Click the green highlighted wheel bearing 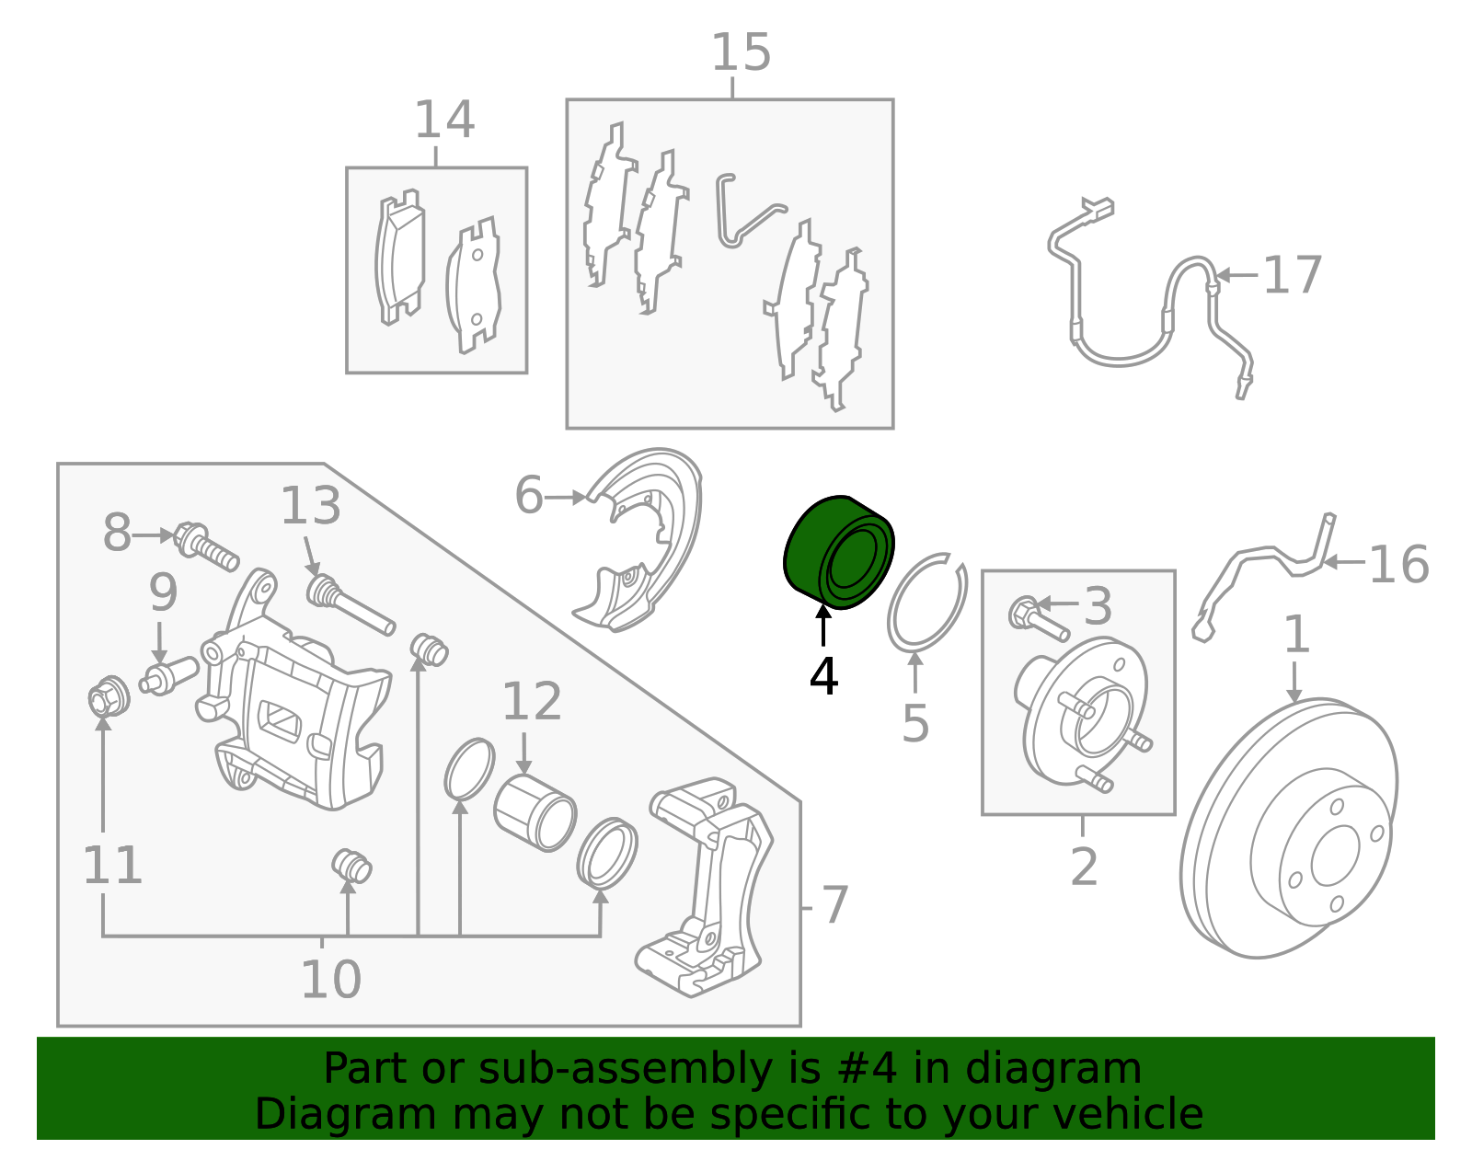(837, 552)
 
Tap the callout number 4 (823, 678)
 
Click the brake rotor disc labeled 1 (1288, 828)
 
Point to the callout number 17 (1292, 275)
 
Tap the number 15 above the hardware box (741, 52)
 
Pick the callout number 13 (310, 507)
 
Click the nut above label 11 (109, 697)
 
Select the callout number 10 (330, 980)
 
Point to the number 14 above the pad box (444, 121)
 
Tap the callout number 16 (1398, 564)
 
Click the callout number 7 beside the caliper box (834, 906)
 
